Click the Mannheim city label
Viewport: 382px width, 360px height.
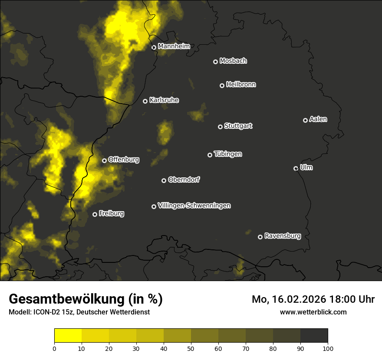(174, 46)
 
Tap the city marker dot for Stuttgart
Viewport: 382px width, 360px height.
(220, 127)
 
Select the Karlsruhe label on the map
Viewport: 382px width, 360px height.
(164, 100)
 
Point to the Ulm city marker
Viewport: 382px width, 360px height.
(296, 168)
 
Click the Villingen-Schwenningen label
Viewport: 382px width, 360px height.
(194, 206)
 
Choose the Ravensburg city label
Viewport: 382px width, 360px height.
(282, 236)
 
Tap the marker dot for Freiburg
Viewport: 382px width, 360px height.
(95, 214)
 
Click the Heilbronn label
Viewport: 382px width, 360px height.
(241, 85)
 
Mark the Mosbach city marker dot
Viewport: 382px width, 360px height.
(215, 62)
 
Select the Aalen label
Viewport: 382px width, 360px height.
(318, 119)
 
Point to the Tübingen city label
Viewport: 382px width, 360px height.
(228, 154)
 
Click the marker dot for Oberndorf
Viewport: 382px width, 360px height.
(164, 180)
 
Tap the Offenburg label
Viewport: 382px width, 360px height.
(124, 160)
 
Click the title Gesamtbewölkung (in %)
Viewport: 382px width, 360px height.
(86, 299)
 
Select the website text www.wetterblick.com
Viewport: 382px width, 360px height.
(313, 312)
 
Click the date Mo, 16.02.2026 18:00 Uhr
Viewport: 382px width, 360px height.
(313, 299)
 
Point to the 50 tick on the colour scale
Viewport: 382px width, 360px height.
(191, 348)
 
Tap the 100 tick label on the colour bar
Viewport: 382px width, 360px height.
(328, 348)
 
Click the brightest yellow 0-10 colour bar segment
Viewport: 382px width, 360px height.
(68, 336)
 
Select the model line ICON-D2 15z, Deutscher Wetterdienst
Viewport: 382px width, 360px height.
(79, 312)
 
